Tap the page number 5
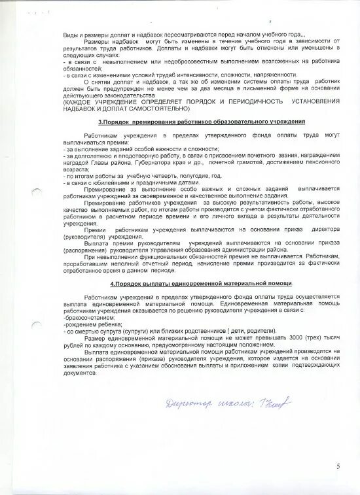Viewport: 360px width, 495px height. point(338,466)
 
